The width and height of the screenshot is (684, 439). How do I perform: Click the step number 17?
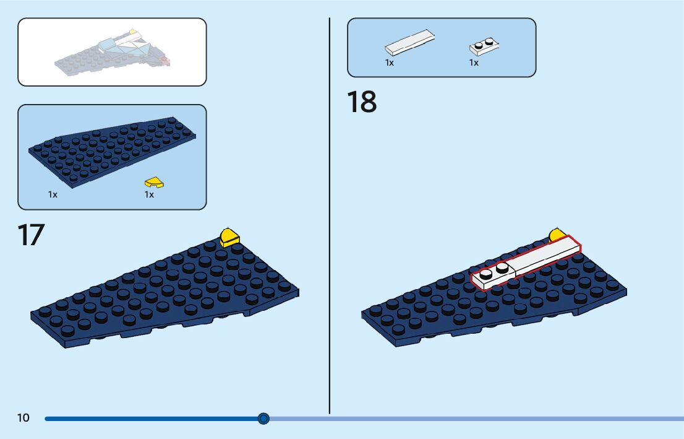[30, 235]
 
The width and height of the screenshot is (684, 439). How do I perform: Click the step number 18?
[362, 102]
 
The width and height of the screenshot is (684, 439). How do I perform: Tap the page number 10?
[23, 418]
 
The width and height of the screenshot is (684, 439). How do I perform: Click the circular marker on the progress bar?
[263, 419]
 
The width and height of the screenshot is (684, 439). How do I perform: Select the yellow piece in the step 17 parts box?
[154, 183]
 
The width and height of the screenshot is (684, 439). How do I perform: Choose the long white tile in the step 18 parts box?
[409, 43]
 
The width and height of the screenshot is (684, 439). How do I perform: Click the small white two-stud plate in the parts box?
[484, 46]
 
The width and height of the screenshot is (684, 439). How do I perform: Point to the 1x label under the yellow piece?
[149, 194]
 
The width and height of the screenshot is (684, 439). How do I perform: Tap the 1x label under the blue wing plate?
[53, 194]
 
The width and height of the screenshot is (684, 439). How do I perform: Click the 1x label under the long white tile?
[390, 63]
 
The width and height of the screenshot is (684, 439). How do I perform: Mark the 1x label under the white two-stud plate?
[474, 63]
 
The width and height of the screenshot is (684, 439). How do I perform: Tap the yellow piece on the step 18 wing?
[557, 235]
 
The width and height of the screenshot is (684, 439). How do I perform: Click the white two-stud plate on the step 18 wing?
[494, 274]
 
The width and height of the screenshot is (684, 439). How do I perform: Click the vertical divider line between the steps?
[329, 217]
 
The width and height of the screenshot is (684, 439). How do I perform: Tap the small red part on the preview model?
[165, 60]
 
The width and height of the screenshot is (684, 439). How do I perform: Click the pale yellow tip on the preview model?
[132, 30]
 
